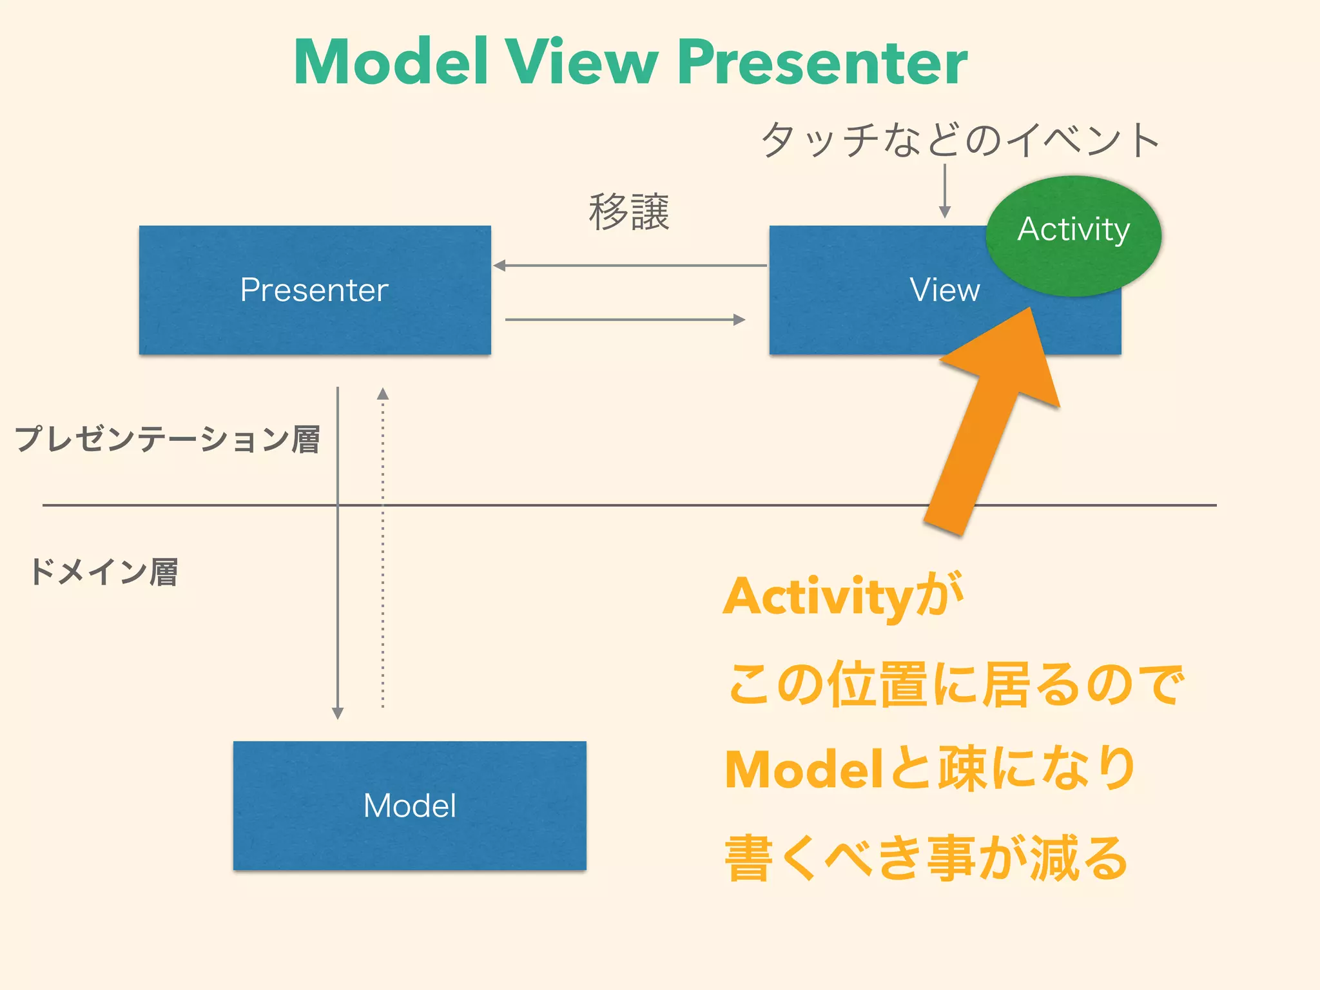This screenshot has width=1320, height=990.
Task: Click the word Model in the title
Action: point(391,62)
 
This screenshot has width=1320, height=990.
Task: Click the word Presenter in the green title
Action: point(822,63)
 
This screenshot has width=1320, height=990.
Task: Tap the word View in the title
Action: point(581,62)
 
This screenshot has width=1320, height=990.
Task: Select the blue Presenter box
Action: point(315,290)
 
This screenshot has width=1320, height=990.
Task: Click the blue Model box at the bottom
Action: point(410,806)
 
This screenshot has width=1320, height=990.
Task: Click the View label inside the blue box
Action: point(944,290)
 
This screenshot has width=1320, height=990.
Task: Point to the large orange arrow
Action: point(986,425)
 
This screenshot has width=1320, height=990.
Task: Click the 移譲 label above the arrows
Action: point(629,212)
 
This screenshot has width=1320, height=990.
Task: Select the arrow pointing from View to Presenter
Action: point(629,266)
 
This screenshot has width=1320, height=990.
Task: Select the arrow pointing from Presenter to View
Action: point(625,320)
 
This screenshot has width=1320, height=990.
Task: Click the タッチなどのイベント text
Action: point(960,139)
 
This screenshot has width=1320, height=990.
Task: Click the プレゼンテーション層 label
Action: point(168,440)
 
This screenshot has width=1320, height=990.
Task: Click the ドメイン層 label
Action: point(103,572)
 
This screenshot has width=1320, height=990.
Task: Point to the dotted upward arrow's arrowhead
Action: point(383,394)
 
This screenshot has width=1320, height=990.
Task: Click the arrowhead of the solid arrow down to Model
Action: point(338,713)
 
